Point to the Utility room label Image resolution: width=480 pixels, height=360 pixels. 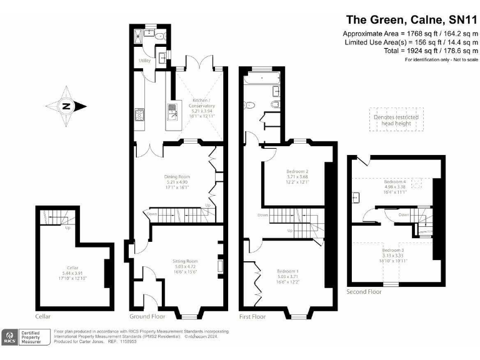[144, 61]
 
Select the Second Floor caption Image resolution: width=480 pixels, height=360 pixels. [364, 292]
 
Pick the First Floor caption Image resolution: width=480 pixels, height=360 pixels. [252, 317]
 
